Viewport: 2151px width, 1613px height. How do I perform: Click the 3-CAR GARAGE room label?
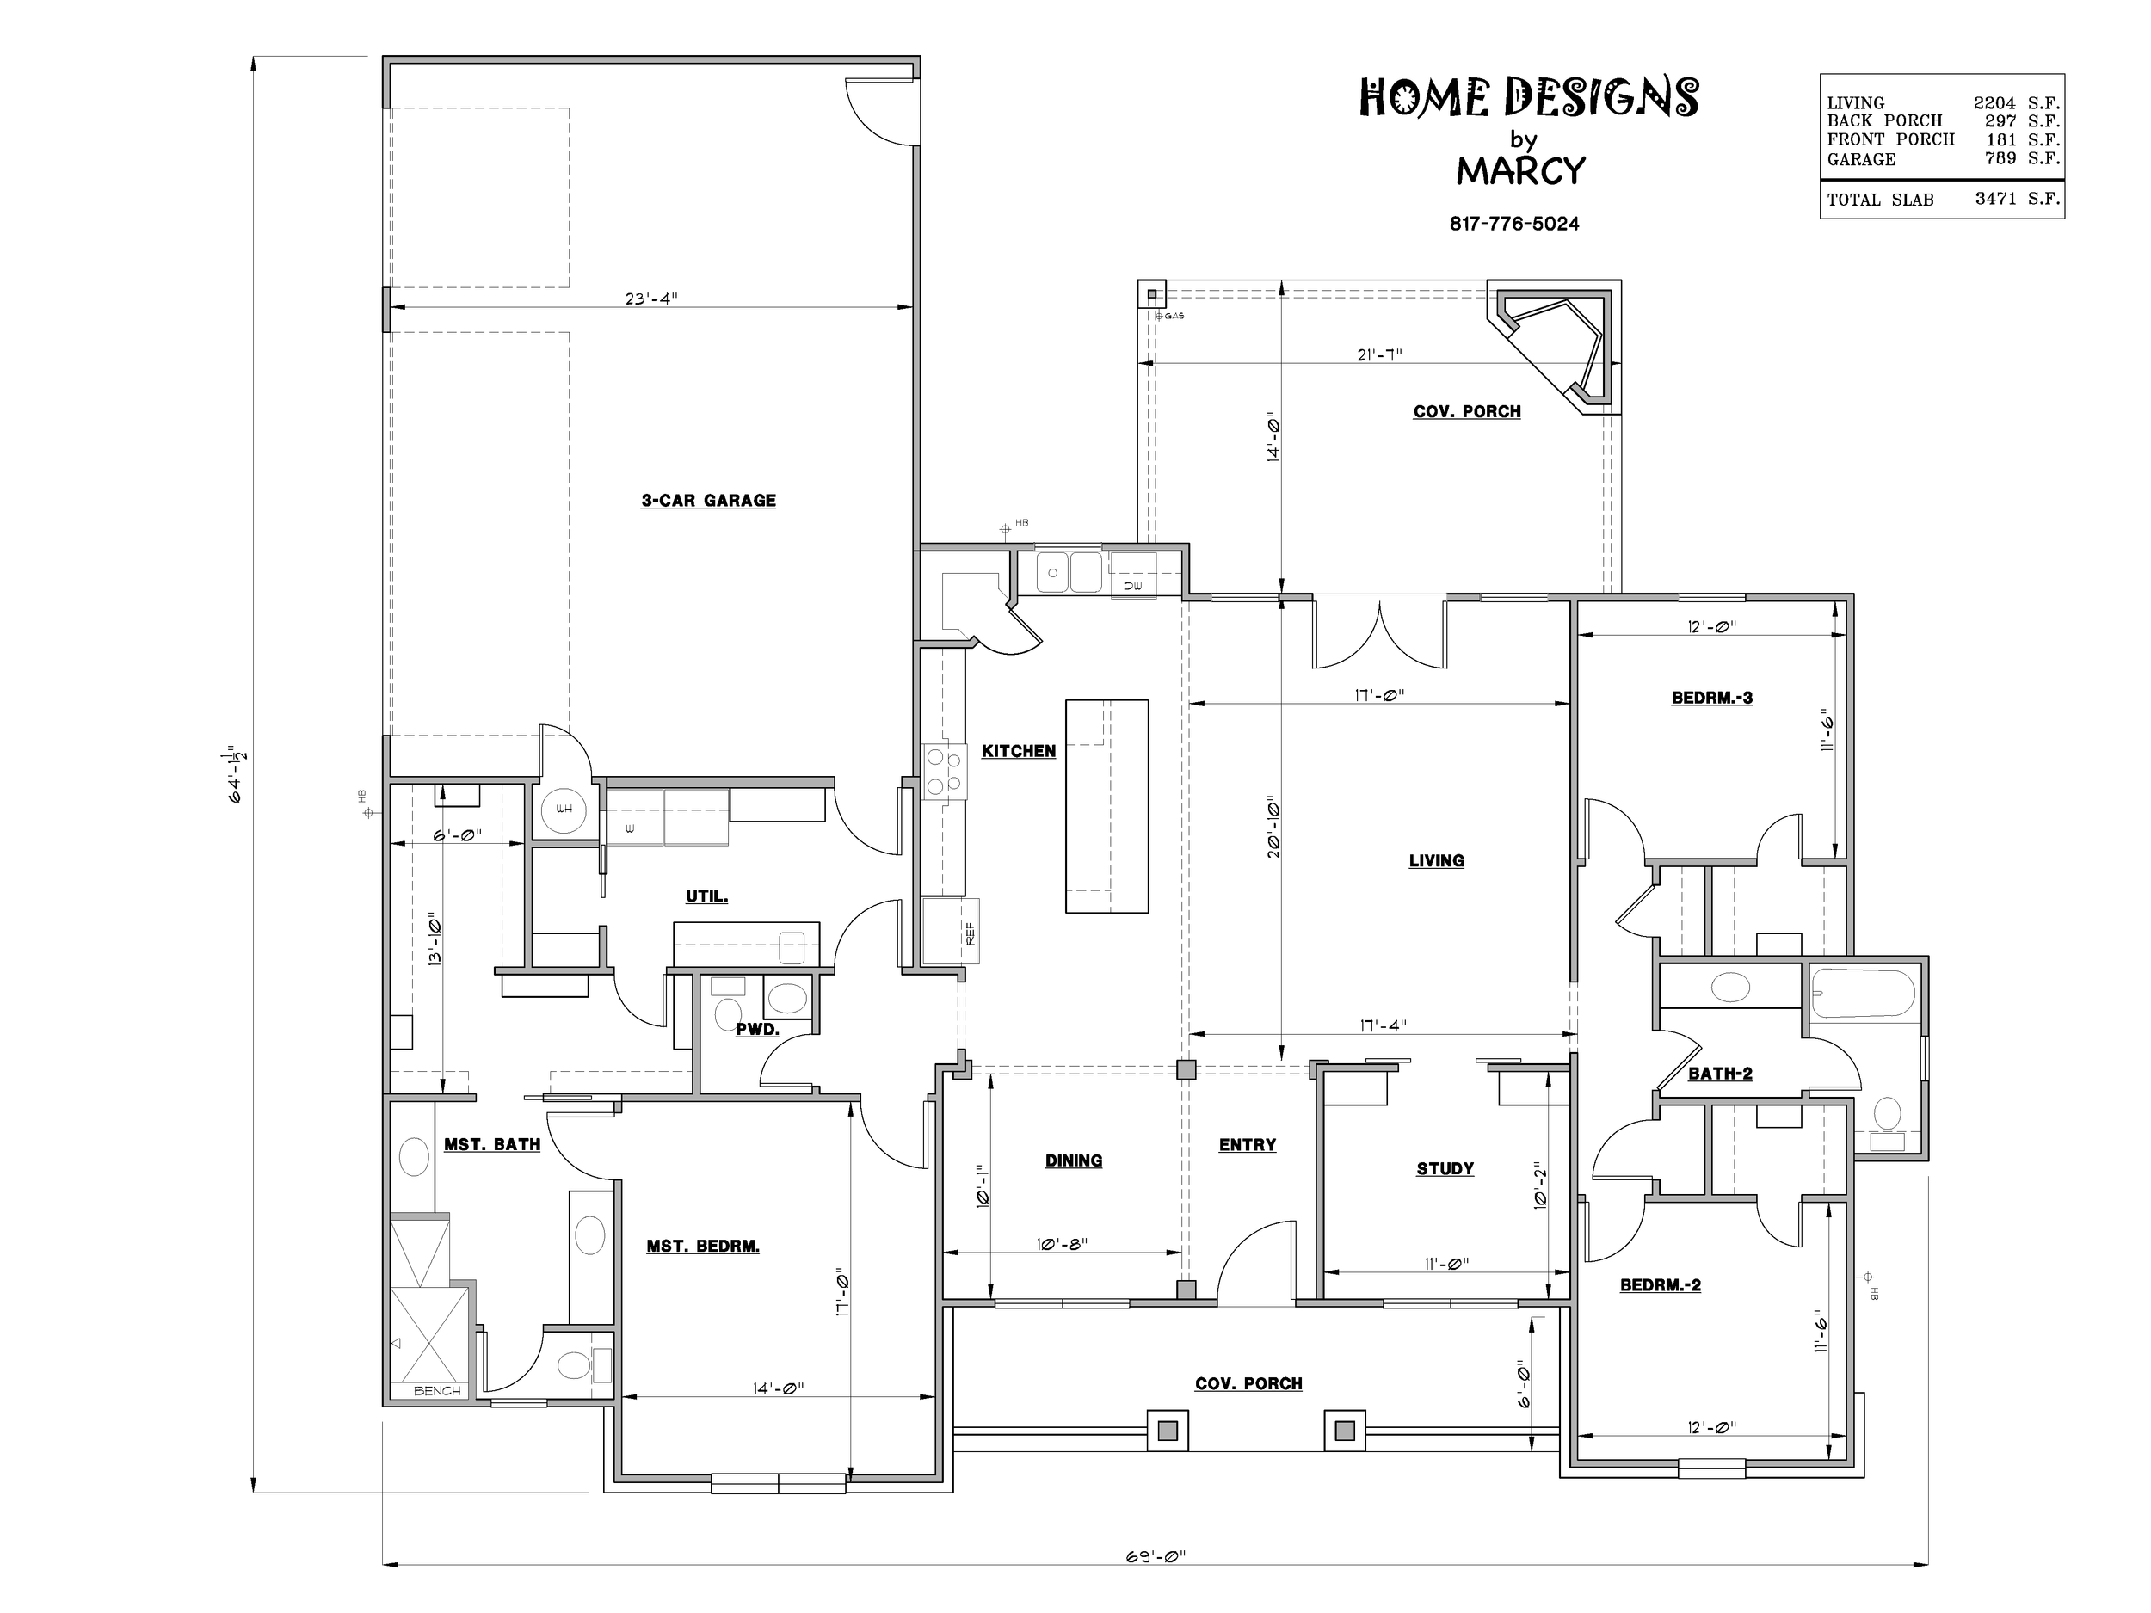coord(708,501)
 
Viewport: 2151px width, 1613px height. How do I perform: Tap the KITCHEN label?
coord(1018,752)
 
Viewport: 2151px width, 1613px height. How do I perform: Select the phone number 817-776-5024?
coord(1514,224)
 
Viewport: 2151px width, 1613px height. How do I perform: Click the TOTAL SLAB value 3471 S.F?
coord(2018,199)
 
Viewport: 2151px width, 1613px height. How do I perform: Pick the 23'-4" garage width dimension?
coord(650,299)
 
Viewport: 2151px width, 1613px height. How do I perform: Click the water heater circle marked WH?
coord(564,808)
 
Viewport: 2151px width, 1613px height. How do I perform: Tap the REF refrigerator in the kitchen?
coord(950,932)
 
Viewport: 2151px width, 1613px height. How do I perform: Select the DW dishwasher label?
coord(1132,587)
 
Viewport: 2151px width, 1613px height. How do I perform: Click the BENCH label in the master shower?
coord(436,1391)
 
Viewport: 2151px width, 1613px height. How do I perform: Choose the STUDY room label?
coord(1445,1168)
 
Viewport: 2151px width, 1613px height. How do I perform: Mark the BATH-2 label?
coord(1719,1074)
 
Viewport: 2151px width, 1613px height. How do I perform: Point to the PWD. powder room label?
coord(756,1030)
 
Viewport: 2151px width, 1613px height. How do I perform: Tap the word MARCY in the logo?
coord(1520,171)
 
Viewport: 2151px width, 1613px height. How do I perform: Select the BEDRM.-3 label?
coord(1711,698)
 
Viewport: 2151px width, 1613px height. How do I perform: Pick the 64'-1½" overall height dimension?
coord(237,774)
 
